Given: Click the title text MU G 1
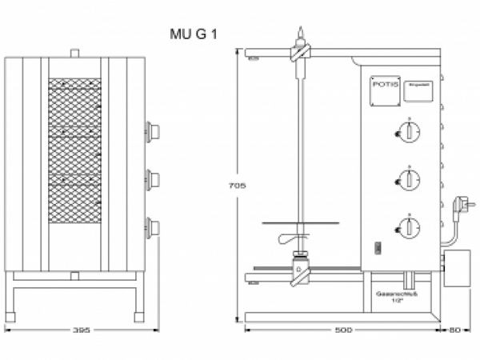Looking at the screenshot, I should click(194, 34).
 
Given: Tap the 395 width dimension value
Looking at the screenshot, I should click(80, 330).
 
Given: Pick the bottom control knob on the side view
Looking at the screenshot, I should click(408, 228).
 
